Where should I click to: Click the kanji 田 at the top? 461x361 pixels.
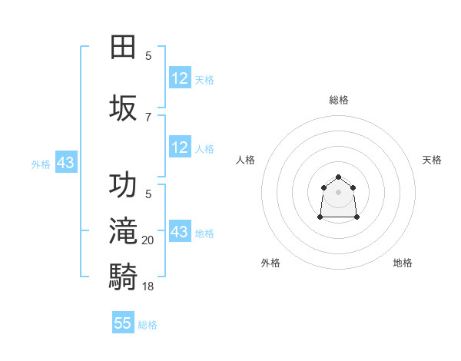[x=124, y=47]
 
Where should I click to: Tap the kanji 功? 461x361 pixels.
[x=124, y=186]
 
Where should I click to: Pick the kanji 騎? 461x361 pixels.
[x=124, y=274]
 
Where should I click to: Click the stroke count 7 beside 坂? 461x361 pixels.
[x=148, y=117]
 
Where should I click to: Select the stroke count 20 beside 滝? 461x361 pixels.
[x=148, y=240]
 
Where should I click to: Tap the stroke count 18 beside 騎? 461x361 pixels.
[x=148, y=286]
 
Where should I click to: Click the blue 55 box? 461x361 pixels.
[x=123, y=323]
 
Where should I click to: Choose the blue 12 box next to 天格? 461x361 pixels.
[x=180, y=78]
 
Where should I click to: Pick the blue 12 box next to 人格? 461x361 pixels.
[x=180, y=147]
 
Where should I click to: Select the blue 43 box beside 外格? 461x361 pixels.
[x=65, y=163]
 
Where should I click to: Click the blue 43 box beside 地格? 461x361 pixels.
[x=180, y=232]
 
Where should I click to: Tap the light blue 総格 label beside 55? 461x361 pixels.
[x=148, y=325]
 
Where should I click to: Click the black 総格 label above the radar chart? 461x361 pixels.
[x=338, y=100]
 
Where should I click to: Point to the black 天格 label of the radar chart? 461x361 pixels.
[x=432, y=160]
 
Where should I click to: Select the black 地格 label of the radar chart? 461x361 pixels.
[x=403, y=263]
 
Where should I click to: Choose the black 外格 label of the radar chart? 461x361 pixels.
[x=270, y=263]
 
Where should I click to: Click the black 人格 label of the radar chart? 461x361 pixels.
[x=246, y=160]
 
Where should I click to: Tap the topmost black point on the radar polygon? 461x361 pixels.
[x=338, y=177]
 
